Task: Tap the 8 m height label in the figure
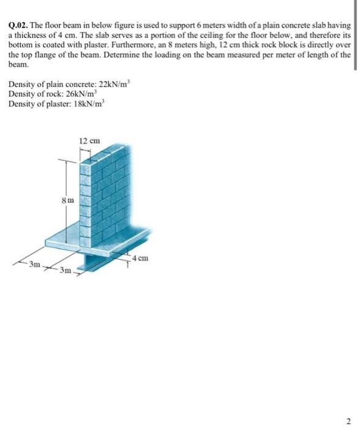[69, 200]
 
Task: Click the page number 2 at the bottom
[350, 420]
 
